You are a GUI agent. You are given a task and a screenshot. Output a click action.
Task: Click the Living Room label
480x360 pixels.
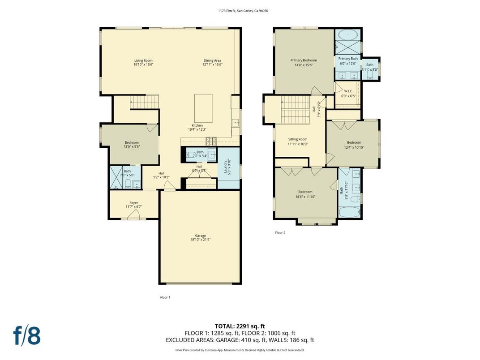(x=143, y=60)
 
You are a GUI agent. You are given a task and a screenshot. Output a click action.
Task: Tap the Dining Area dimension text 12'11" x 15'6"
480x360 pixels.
(x=212, y=64)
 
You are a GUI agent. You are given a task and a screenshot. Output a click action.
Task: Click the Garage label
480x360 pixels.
(x=200, y=236)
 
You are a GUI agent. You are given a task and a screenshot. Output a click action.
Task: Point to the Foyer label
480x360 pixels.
(x=133, y=202)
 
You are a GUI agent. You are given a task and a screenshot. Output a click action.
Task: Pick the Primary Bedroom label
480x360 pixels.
(x=303, y=60)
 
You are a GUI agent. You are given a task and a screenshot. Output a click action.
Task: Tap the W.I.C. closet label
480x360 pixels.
(x=348, y=91)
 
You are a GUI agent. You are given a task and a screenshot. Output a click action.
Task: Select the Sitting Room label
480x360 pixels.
(x=297, y=139)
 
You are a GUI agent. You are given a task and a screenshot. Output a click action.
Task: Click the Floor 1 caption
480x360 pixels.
(x=165, y=297)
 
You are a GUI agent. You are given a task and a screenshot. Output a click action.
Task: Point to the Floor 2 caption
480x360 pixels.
(x=280, y=233)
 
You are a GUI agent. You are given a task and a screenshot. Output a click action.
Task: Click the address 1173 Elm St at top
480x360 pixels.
(x=240, y=11)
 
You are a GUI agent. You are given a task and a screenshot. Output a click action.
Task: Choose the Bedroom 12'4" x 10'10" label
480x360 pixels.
(x=353, y=142)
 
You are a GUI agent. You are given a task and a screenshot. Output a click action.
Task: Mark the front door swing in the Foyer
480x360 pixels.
(x=133, y=216)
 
